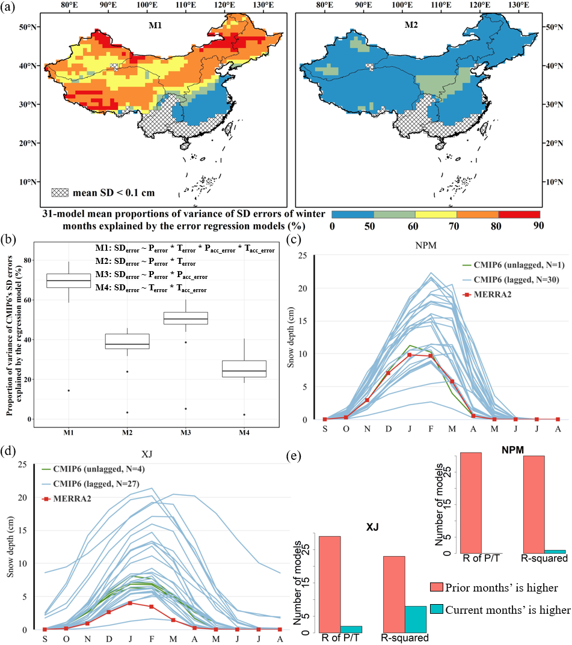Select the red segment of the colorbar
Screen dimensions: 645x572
[519, 214]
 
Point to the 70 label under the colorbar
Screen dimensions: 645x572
[457, 226]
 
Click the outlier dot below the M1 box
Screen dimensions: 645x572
[69, 391]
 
